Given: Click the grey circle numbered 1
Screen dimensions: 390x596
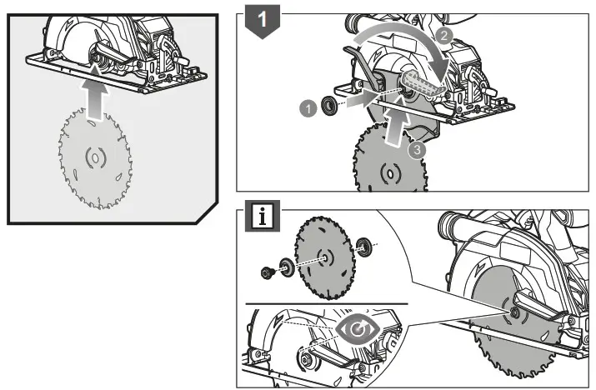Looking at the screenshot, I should (307, 106).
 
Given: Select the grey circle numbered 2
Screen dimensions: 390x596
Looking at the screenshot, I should (444, 35).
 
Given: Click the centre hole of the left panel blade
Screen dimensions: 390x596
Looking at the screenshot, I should (93, 156).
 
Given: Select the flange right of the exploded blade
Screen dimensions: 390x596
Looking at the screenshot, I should (363, 246).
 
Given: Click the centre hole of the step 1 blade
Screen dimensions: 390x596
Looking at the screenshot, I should (388, 174).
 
